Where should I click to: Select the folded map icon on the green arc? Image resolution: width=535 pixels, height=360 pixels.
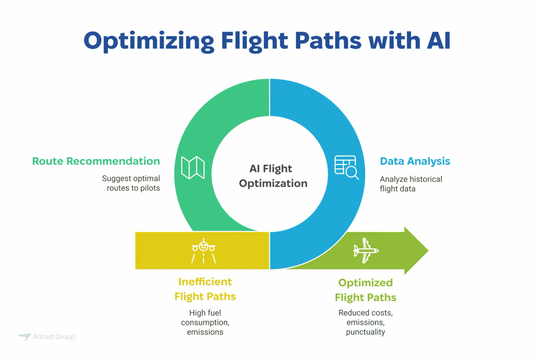pos(193,168)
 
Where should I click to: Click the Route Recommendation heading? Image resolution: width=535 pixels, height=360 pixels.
pos(96,161)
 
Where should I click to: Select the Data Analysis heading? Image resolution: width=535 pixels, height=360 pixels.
pos(415,161)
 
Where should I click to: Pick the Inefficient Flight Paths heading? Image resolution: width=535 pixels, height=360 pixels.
pos(205,289)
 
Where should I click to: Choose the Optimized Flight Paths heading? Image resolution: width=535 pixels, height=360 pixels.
pos(366,290)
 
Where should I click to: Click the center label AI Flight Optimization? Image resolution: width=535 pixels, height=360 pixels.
pos(273,176)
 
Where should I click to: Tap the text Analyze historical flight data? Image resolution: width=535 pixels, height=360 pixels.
pos(411,184)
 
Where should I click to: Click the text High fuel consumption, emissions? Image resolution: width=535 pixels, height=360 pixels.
pos(205,322)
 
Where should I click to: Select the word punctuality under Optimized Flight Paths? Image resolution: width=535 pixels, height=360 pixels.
pos(366,332)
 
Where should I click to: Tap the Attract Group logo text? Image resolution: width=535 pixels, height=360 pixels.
pos(54,337)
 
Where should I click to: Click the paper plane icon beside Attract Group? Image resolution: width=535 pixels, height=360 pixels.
pos(24,337)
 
